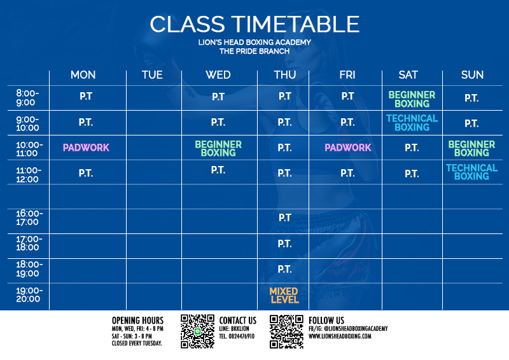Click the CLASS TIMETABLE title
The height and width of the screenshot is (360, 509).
[x=254, y=24]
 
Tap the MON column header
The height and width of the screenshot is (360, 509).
[x=83, y=75]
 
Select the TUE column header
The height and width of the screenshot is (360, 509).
[x=152, y=75]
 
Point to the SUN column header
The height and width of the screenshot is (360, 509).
[x=472, y=75]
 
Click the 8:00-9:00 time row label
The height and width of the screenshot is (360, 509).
[x=27, y=98]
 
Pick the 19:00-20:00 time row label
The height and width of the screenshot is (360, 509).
[x=29, y=294]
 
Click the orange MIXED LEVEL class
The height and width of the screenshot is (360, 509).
[x=284, y=295]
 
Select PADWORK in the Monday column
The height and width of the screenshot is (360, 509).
[x=86, y=148]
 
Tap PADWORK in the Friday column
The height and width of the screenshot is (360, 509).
[x=347, y=148]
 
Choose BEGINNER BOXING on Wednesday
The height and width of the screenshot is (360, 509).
[x=218, y=148]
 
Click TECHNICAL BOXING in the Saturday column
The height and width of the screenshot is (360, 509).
[x=412, y=123]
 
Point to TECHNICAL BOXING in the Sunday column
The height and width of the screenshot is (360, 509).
[x=471, y=172]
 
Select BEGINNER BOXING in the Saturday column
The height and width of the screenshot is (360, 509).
[x=412, y=99]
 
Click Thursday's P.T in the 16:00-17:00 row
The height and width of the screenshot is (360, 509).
[x=284, y=218]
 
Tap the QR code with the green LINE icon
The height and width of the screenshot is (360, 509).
[x=197, y=331]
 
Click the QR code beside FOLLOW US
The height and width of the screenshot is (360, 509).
[x=286, y=331]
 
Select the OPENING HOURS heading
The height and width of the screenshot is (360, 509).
[x=137, y=321]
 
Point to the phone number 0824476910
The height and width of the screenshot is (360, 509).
[x=242, y=336]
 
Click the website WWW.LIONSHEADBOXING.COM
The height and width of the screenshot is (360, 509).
[x=340, y=336]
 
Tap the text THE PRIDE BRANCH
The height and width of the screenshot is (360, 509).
[x=254, y=52]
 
